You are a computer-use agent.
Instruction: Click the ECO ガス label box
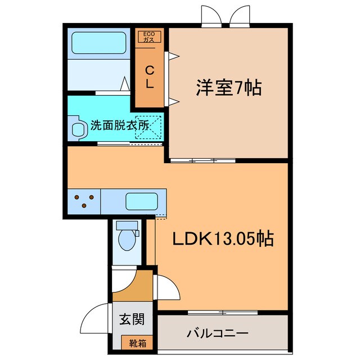click(150, 37)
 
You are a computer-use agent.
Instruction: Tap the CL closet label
click(150, 78)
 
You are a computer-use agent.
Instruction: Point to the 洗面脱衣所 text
click(119, 125)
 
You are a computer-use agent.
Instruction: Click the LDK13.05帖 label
click(223, 240)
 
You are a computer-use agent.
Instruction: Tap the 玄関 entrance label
click(132, 319)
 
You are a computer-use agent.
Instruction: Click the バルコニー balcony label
click(217, 334)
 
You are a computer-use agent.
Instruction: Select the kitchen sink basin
click(141, 201)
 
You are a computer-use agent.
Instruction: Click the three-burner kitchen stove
click(84, 201)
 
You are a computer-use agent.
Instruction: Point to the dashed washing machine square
click(152, 127)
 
